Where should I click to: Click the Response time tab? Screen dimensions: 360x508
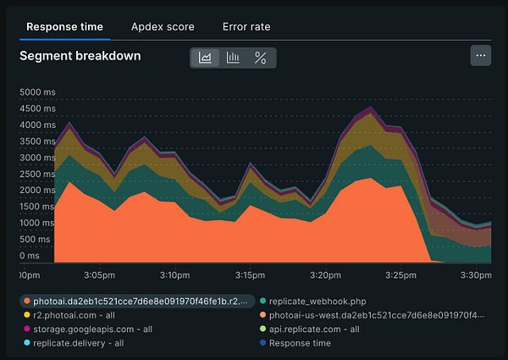point(64,26)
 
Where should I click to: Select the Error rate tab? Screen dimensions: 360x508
point(246,26)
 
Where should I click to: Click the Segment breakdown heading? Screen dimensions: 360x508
point(80,57)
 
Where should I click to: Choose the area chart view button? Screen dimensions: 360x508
point(205,58)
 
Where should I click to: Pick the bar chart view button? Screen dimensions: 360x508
point(233,58)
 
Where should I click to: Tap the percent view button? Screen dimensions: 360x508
point(261,58)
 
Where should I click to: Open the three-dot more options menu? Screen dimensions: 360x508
point(481,56)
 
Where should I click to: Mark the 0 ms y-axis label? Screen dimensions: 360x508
point(30,255)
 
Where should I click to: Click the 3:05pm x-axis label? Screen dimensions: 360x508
point(100,275)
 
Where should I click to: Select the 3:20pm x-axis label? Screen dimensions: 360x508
point(326,275)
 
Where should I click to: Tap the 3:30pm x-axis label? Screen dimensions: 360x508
point(476,275)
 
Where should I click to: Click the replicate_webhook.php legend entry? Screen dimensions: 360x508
point(316,301)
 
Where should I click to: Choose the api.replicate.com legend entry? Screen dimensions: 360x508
point(313,330)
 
